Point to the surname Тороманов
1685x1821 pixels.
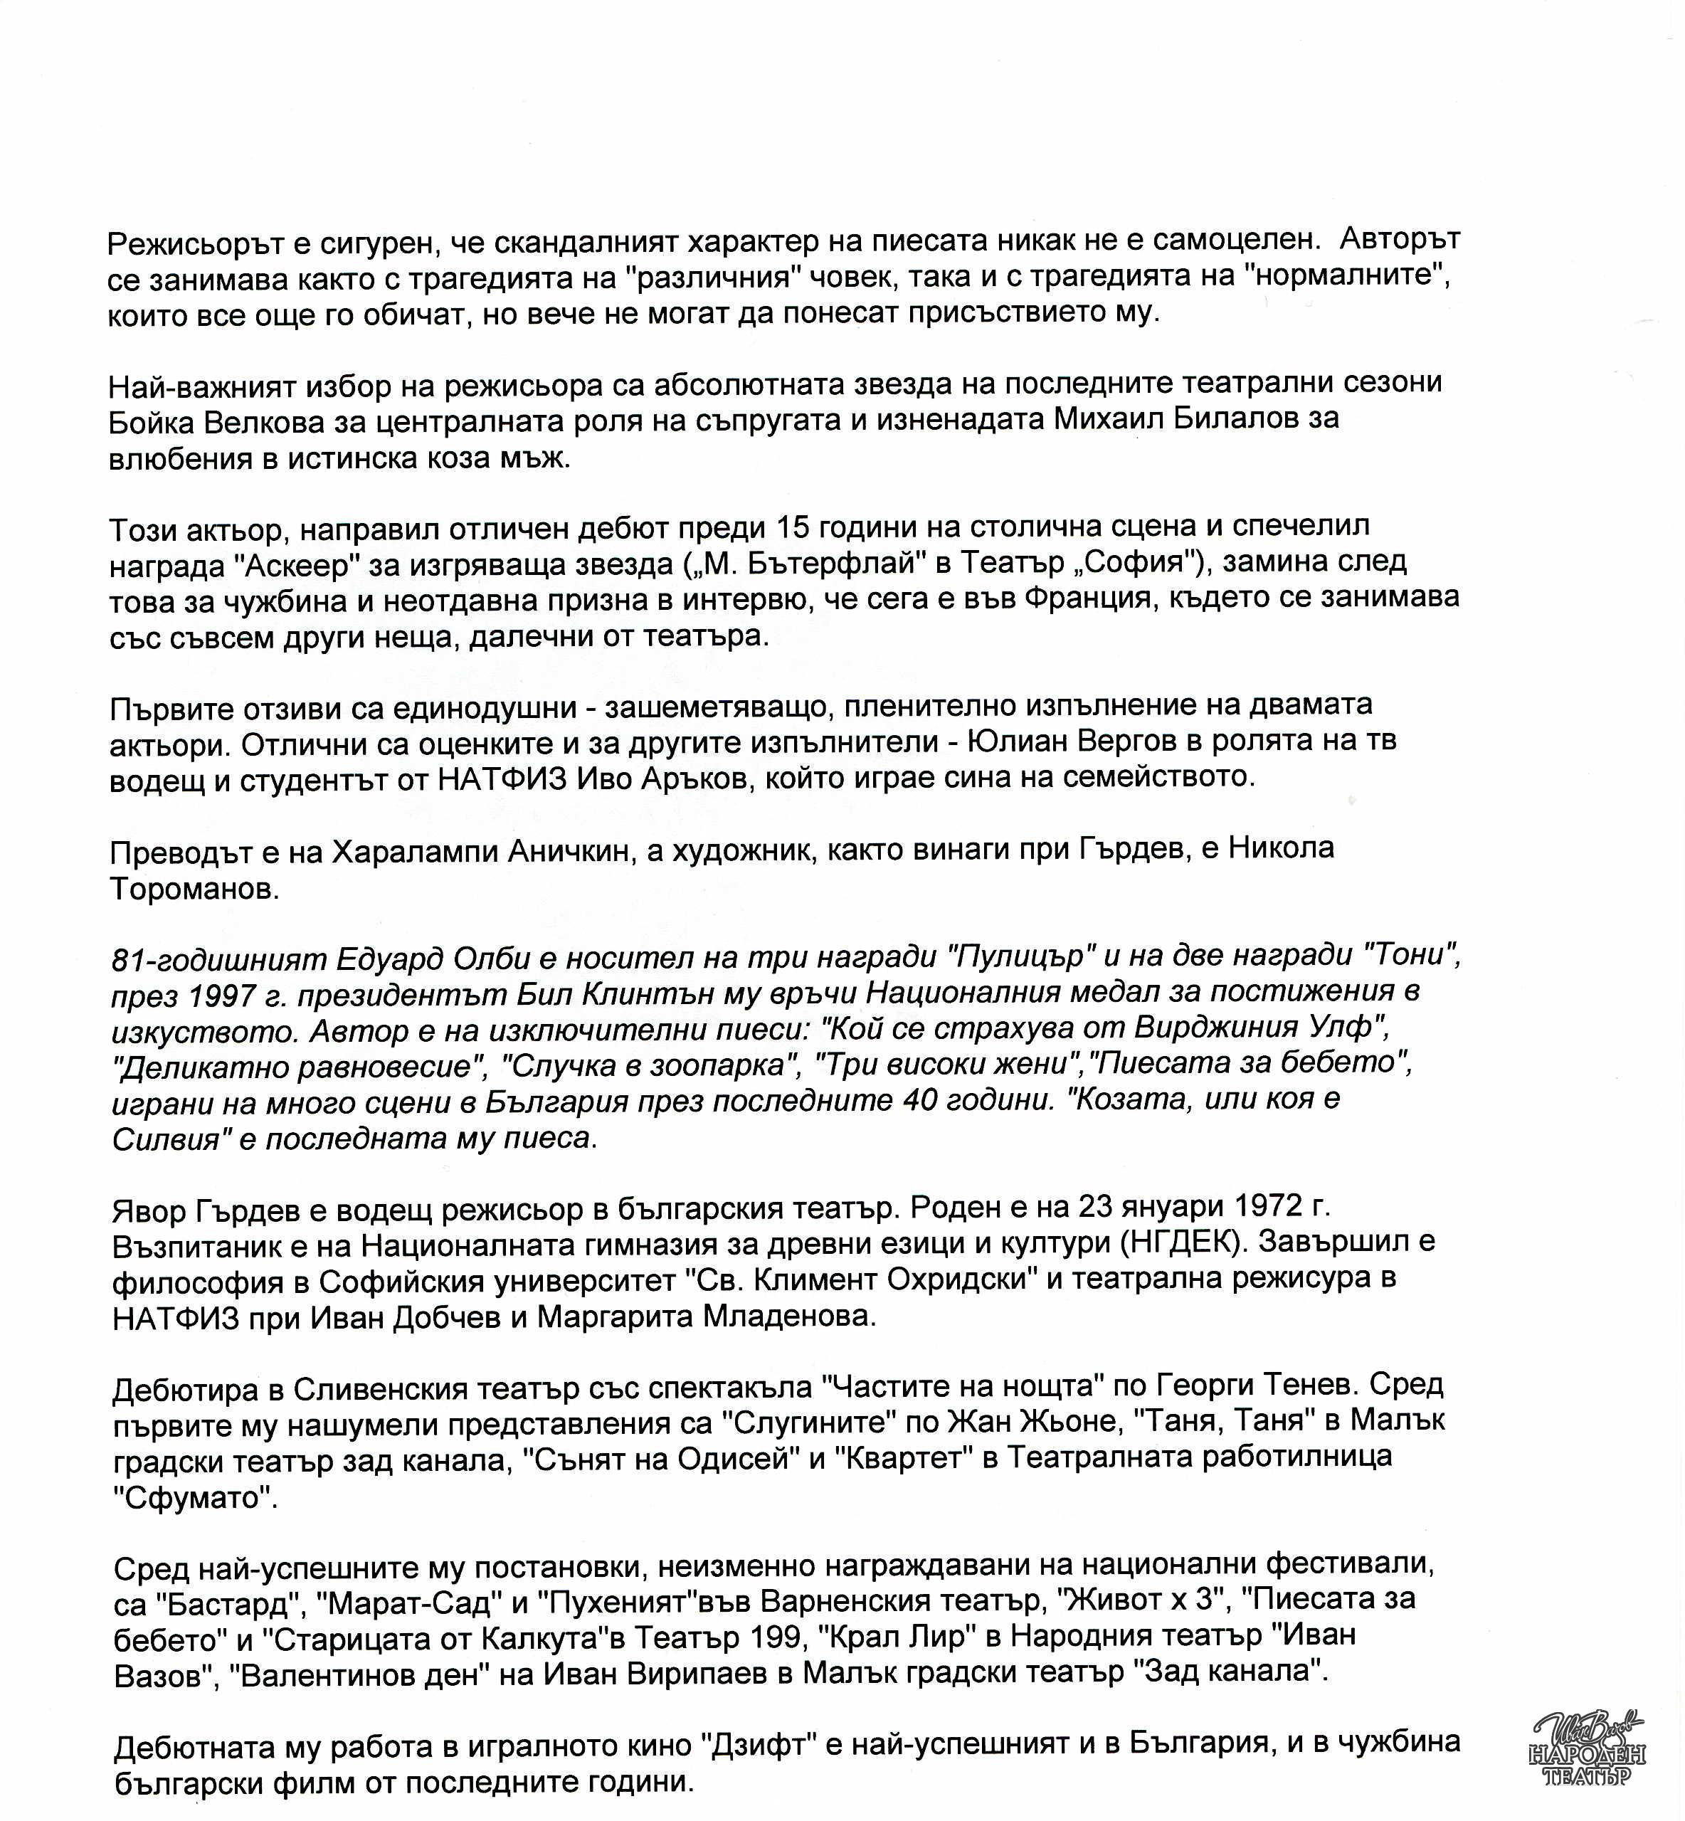pyautogui.click(x=194, y=889)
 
